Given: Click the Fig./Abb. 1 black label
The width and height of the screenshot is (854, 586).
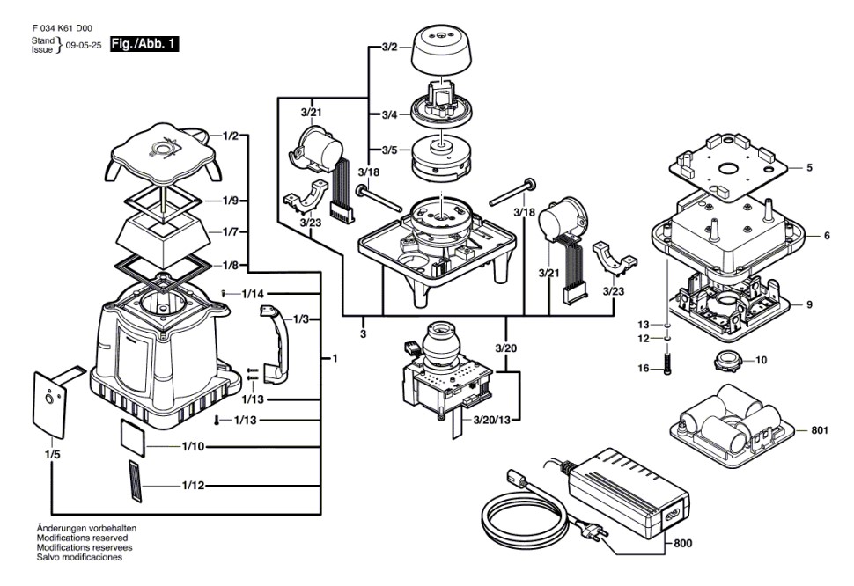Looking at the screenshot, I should (x=144, y=42).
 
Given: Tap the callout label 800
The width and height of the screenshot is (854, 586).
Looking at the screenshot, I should (x=682, y=544).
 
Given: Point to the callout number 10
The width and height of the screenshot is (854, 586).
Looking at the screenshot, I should (x=762, y=359).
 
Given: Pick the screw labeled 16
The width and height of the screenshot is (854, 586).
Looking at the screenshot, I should (x=668, y=362).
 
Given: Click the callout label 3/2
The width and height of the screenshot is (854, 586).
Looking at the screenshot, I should (x=390, y=47).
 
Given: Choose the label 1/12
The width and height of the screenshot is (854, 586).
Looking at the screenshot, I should (x=194, y=486).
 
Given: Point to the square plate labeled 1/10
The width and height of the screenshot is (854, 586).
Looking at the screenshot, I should (x=136, y=436).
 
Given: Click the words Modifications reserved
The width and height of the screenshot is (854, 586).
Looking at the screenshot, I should (x=82, y=537).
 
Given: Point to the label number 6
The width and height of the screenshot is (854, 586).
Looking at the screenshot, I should (x=827, y=237).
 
